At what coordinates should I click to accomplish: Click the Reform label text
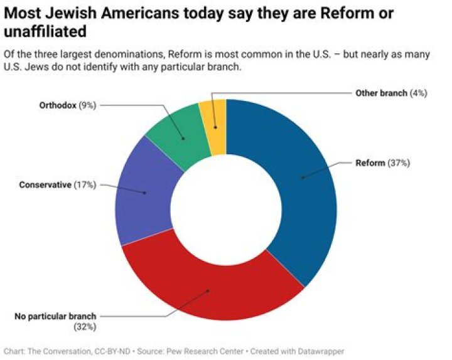click(370, 163)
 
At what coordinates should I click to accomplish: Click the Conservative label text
click(45, 185)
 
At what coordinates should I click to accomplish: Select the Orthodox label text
click(56, 105)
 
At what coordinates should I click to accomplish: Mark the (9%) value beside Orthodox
click(87, 105)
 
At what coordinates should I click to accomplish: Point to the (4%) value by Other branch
click(419, 93)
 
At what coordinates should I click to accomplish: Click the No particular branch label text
click(55, 316)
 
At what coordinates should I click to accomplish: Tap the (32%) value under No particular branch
click(85, 327)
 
